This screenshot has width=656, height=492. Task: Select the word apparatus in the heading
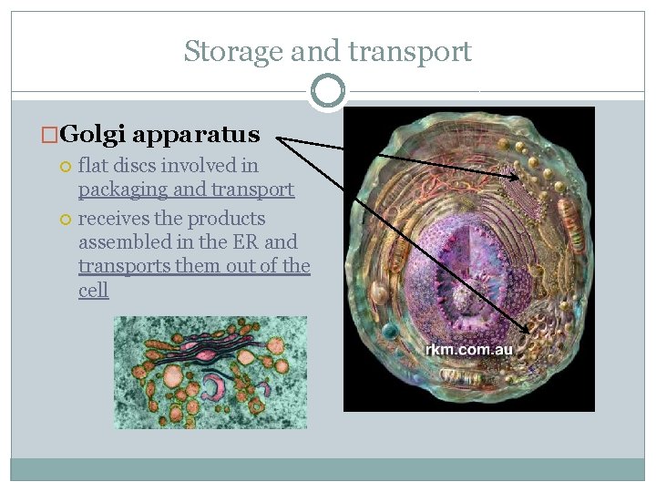pyautogui.click(x=196, y=136)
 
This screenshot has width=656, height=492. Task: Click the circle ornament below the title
pyautogui.click(x=327, y=91)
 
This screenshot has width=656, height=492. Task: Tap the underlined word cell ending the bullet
pyautogui.click(x=93, y=290)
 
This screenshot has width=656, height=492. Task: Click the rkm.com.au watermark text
pyautogui.click(x=469, y=350)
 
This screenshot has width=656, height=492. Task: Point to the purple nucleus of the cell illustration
pyautogui.click(x=465, y=255)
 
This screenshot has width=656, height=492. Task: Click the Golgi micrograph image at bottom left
pyautogui.click(x=210, y=372)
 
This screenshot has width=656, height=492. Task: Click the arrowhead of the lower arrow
pyautogui.click(x=528, y=331)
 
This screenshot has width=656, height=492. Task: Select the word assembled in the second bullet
pyautogui.click(x=118, y=242)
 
